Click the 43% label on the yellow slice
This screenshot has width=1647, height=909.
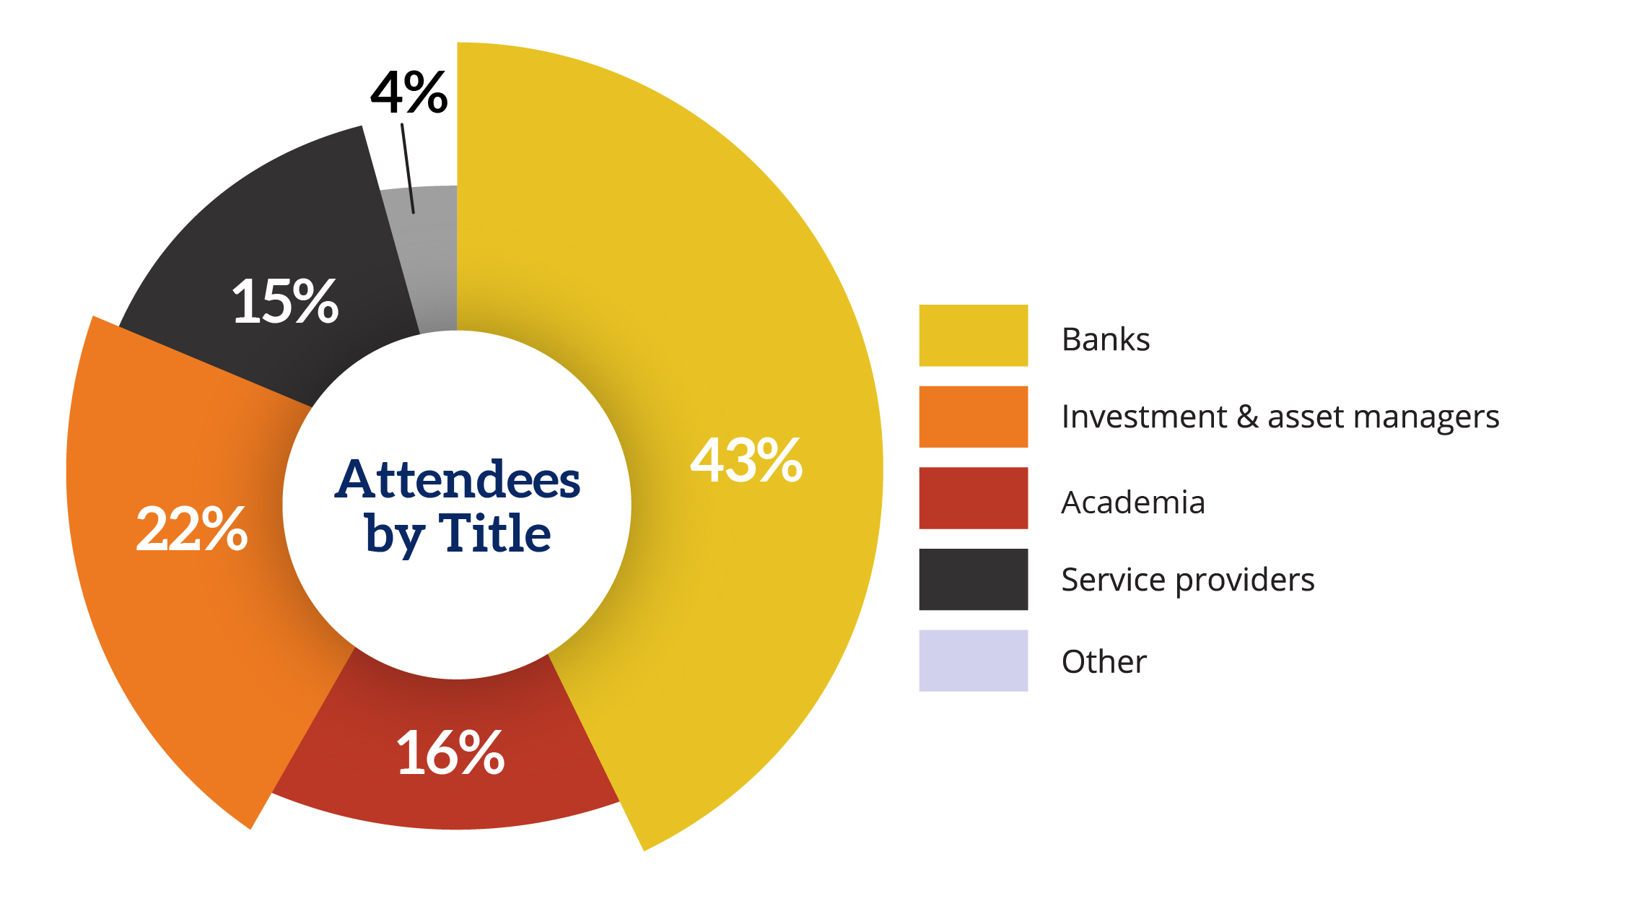click(x=746, y=461)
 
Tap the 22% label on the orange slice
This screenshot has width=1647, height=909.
click(x=192, y=529)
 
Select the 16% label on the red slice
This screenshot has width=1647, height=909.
click(x=450, y=753)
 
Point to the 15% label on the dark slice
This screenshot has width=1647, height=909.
click(x=285, y=301)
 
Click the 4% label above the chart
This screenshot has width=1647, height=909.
click(x=409, y=93)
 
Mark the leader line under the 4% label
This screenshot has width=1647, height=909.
click(x=408, y=169)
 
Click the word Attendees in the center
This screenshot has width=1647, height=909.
click(x=458, y=479)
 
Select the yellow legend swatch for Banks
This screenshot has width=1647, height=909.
click(x=973, y=336)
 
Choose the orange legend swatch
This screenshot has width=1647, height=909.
click(x=973, y=417)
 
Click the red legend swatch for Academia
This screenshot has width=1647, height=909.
click(x=973, y=498)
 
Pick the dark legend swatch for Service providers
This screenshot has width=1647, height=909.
click(x=973, y=579)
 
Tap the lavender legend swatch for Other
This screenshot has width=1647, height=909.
click(x=973, y=661)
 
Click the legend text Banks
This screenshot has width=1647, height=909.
click(x=1106, y=339)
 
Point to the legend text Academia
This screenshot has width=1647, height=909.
click(x=1133, y=503)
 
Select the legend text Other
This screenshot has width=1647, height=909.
click(x=1104, y=662)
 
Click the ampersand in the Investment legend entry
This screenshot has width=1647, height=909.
click(x=1247, y=417)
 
